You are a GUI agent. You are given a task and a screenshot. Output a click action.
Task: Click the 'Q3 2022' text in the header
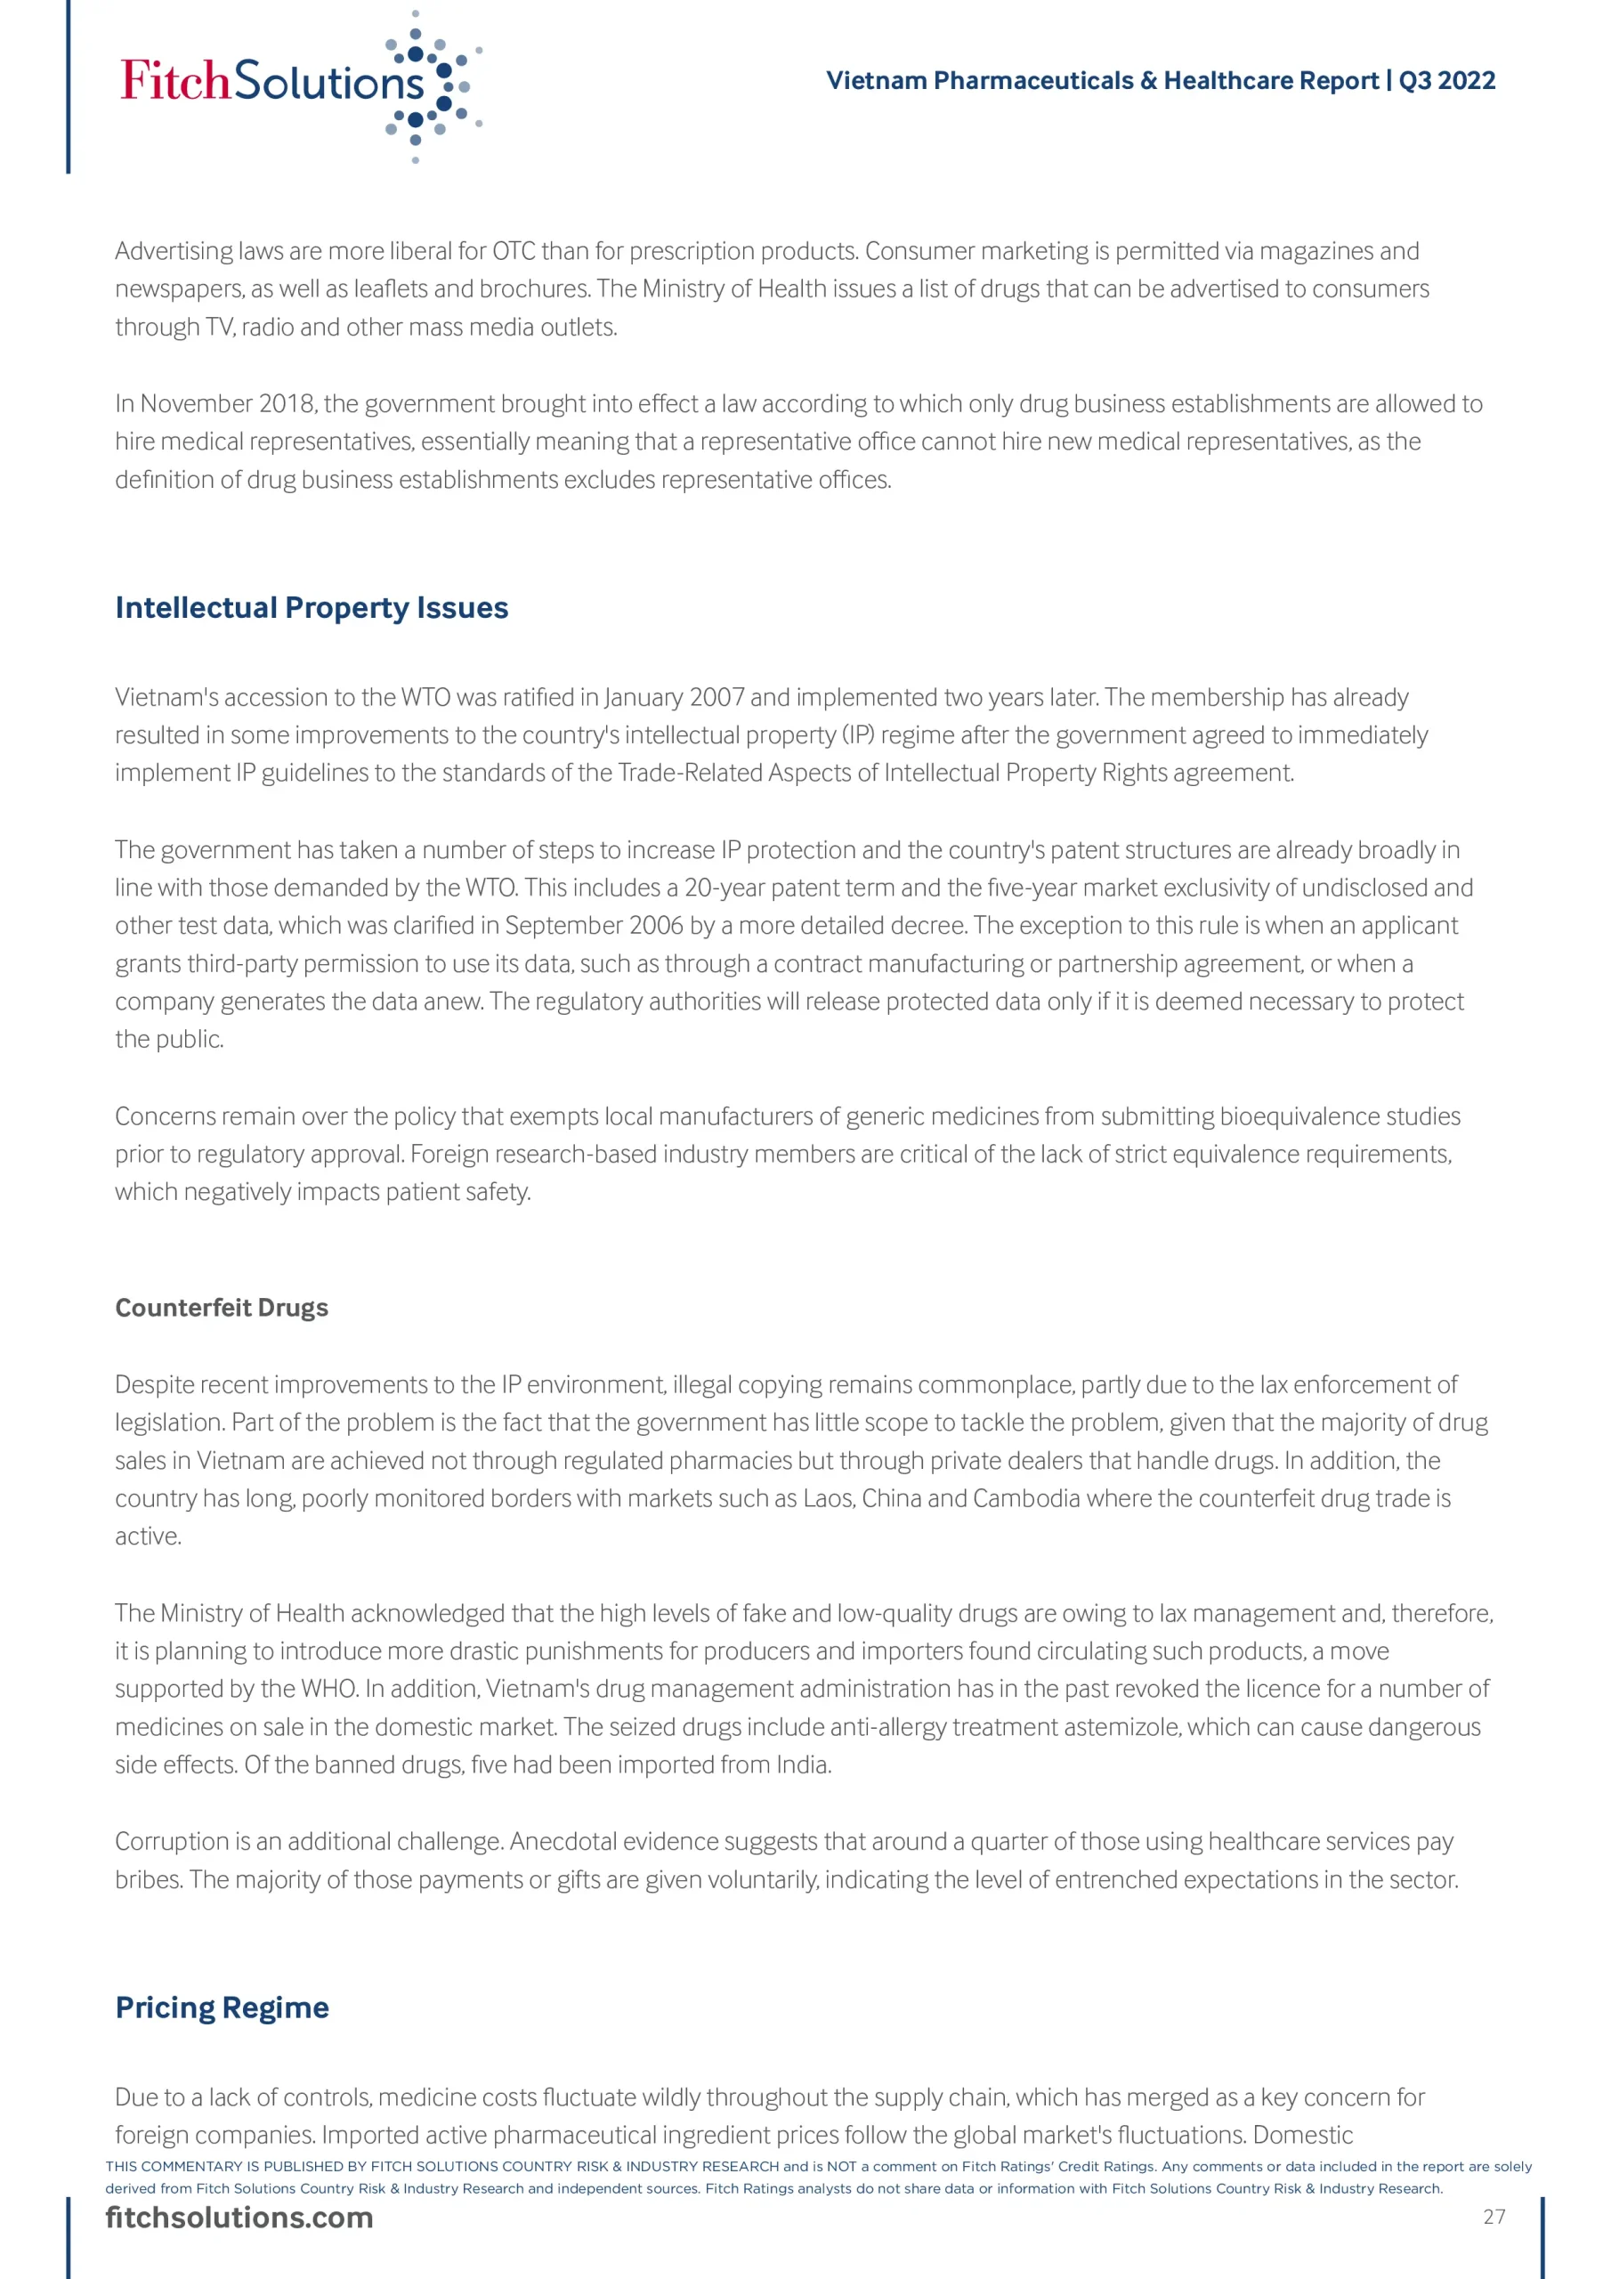tap(1446, 80)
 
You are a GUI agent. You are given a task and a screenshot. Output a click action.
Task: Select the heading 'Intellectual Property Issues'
tap(312, 607)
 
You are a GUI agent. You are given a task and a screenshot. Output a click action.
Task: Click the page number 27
tap(1494, 2217)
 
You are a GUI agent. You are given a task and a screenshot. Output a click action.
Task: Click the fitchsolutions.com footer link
tap(239, 2218)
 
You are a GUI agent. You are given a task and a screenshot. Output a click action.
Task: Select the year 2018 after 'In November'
tap(286, 404)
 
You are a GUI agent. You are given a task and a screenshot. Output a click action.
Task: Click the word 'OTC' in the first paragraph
tap(514, 251)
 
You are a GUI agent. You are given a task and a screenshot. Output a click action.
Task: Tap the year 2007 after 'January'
tap(716, 697)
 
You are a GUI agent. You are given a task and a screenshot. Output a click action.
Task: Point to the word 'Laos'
tap(828, 1498)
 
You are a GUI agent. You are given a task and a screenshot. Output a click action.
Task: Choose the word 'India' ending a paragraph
tap(804, 1764)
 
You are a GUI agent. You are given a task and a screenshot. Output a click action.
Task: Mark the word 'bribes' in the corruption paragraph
tap(147, 1879)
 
